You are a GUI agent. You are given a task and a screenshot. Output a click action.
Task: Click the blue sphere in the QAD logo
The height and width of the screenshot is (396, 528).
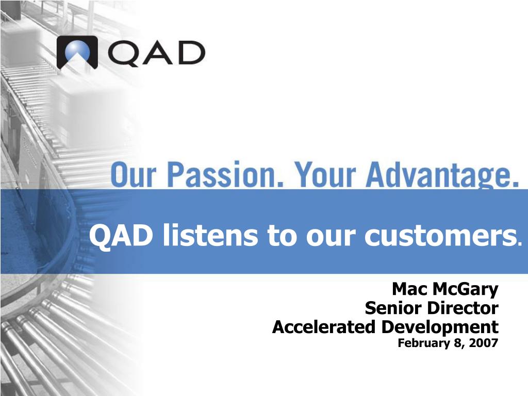click(77, 52)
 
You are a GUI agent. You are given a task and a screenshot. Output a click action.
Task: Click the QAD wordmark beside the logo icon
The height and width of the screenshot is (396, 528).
click(157, 54)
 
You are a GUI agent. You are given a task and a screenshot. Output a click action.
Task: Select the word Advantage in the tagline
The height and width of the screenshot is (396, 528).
click(442, 175)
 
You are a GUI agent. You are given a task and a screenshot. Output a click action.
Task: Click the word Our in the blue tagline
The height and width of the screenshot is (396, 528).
click(134, 175)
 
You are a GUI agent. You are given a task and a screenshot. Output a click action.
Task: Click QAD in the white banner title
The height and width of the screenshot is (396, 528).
click(120, 235)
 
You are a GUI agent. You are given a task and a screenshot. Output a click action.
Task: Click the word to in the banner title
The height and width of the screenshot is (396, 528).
click(283, 236)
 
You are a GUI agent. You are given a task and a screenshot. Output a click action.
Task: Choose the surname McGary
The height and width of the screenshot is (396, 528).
click(465, 290)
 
